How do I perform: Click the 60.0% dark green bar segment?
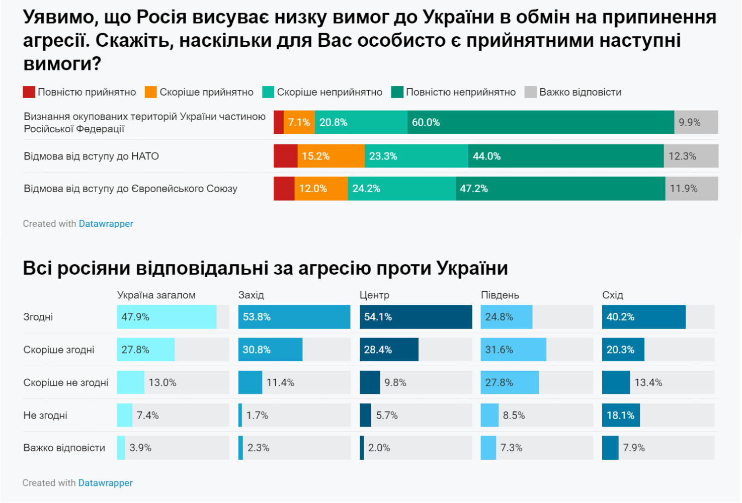click(x=540, y=122)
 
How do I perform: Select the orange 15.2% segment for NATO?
click(x=331, y=156)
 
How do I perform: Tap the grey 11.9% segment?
click(x=691, y=189)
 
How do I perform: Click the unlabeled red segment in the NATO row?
click(x=285, y=156)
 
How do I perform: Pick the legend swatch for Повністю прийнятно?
click(x=29, y=92)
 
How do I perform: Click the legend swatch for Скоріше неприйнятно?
click(x=268, y=92)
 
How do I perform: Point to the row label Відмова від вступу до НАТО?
click(x=91, y=156)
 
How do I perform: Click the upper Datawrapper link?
click(x=106, y=224)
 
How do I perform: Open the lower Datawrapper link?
click(x=105, y=483)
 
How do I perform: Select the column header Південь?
click(x=500, y=295)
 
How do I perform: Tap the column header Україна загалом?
click(x=156, y=295)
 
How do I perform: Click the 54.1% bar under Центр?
click(x=416, y=317)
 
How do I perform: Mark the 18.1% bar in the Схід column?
click(x=621, y=415)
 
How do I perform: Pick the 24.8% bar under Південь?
click(x=506, y=317)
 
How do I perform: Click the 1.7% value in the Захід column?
click(x=257, y=415)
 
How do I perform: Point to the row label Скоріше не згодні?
click(x=65, y=383)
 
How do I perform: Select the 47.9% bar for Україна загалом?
click(x=166, y=317)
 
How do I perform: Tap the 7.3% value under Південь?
click(x=511, y=448)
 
